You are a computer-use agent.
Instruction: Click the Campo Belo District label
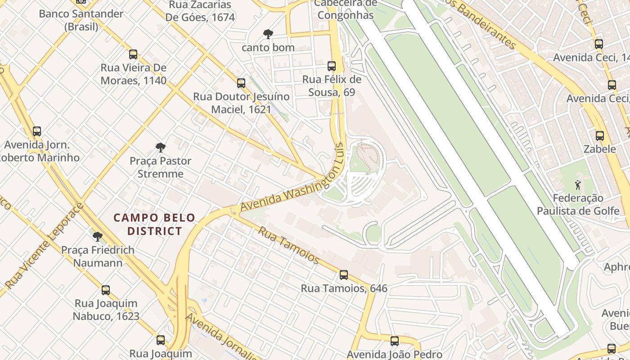[x=154, y=224]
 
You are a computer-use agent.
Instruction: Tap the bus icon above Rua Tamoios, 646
[x=344, y=274]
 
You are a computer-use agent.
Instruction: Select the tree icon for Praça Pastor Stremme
[x=160, y=148]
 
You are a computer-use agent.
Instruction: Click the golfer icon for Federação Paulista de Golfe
[x=578, y=184]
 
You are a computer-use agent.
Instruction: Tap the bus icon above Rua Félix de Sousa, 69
[x=332, y=66]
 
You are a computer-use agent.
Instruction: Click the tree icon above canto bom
[x=268, y=34]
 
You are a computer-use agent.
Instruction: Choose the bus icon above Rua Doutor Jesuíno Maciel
[x=241, y=83]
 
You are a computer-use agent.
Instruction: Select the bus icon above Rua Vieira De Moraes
[x=133, y=54]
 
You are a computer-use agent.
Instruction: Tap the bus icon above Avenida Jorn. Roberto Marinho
[x=37, y=131]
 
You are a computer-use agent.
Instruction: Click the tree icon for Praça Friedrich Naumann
[x=97, y=237]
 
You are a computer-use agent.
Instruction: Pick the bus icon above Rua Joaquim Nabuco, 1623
[x=106, y=290]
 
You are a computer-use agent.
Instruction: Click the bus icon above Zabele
[x=599, y=136]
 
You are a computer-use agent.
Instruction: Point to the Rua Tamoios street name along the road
[x=288, y=245]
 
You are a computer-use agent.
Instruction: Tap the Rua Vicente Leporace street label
[x=45, y=246]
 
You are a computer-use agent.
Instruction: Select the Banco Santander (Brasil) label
[x=81, y=20]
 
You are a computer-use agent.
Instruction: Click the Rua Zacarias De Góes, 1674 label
[x=200, y=11]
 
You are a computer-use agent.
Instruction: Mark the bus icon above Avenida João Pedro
[x=395, y=341]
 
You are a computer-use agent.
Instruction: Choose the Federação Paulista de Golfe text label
[x=578, y=204]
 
